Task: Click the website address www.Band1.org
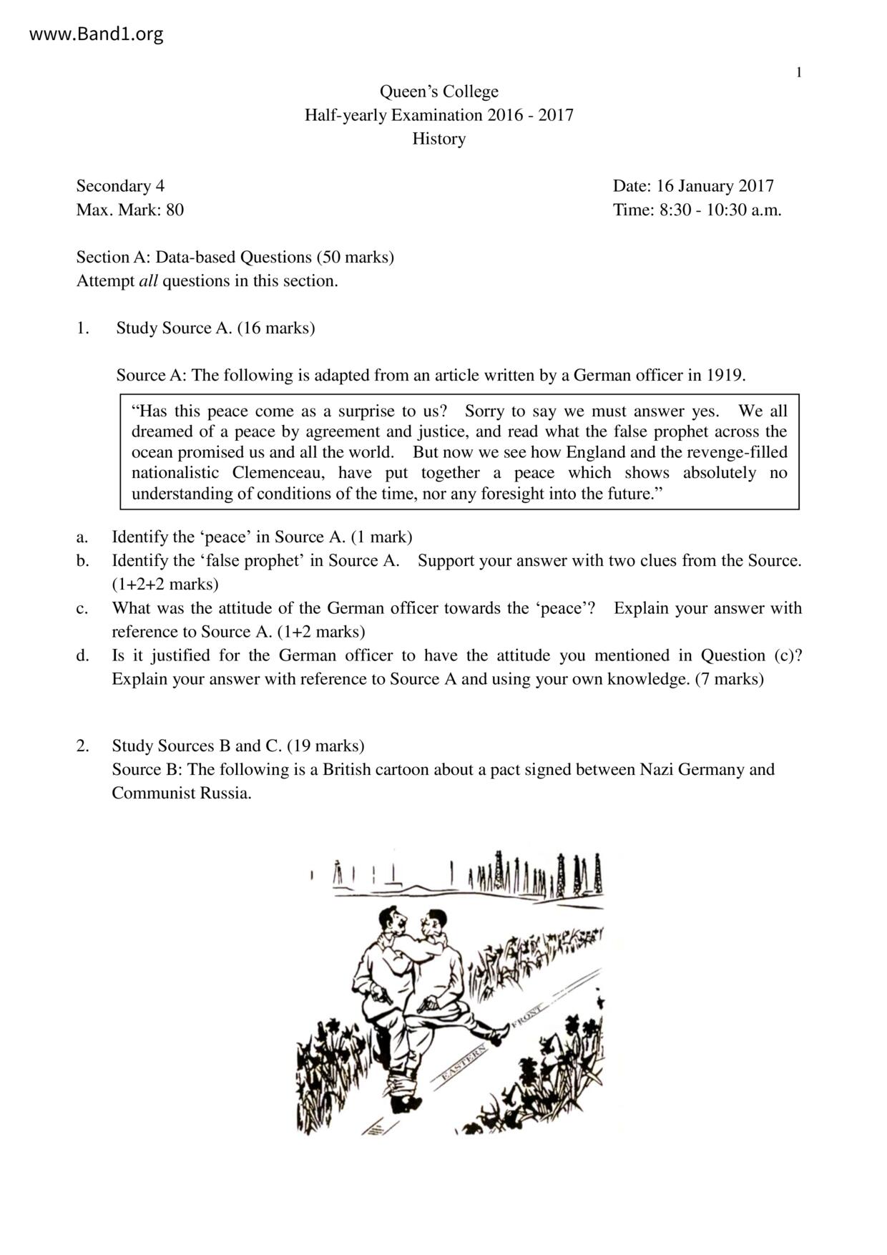pos(96,34)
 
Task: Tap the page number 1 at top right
pos(799,72)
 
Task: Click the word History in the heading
pos(438,139)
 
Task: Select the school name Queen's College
pos(438,92)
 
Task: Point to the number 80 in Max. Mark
pos(175,210)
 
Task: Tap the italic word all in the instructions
pos(148,281)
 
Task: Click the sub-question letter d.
pos(82,655)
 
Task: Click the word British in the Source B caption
pos(347,770)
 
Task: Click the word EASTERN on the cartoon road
pos(464,1061)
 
